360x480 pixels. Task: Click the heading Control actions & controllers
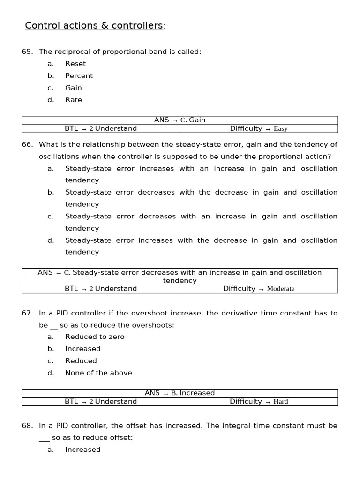pos(94,25)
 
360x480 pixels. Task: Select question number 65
pos(27,52)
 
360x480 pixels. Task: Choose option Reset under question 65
pos(75,64)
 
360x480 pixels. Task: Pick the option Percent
pos(79,76)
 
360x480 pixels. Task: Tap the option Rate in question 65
pos(74,100)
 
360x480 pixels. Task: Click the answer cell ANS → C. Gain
pos(180,120)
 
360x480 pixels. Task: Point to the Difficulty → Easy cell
pos(259,128)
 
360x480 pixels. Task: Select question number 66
pos(27,144)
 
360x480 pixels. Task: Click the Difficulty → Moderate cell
pos(259,289)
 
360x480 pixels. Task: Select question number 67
pos(27,313)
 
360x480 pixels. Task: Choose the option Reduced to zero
pos(95,337)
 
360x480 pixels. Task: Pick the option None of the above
pos(98,373)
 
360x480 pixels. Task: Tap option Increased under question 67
pos(83,349)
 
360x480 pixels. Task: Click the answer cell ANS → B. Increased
pos(180,393)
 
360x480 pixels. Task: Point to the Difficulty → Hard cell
pos(259,401)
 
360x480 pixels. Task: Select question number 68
pos(27,426)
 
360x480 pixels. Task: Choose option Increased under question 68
pos(83,450)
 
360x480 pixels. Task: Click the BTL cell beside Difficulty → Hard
pos(101,401)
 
